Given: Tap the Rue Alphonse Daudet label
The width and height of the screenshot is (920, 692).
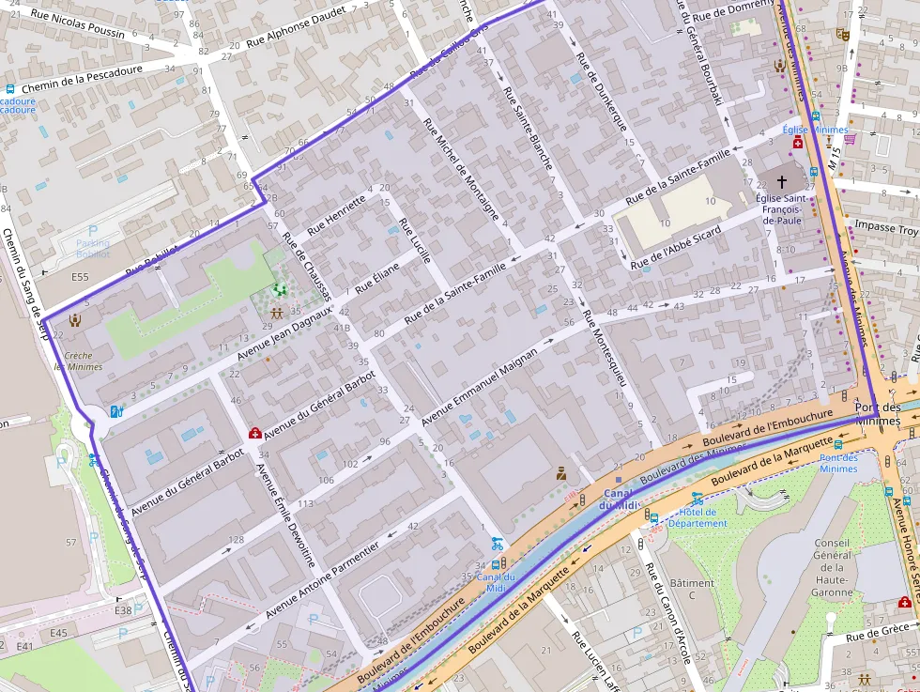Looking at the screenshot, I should [295, 30].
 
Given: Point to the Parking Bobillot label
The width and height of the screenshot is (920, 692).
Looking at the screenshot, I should [92, 248].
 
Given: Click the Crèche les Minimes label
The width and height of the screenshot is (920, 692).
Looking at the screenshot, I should [79, 361].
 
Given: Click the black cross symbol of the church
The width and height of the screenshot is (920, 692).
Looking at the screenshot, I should [782, 178].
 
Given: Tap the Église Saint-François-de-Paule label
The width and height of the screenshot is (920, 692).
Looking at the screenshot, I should [781, 208].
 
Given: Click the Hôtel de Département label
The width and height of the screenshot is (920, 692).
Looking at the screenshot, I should [698, 517].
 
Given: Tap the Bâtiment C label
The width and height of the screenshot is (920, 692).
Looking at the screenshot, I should [692, 589].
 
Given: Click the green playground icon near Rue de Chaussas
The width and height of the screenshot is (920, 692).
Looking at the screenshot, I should [278, 290].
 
